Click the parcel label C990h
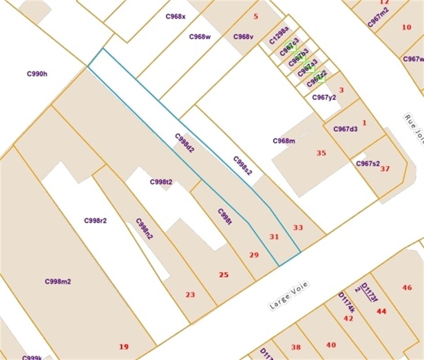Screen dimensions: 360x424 pyautogui.click(x=37, y=74)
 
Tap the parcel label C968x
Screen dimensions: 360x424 pyautogui.click(x=175, y=16)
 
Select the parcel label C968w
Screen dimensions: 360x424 pyautogui.click(x=200, y=37)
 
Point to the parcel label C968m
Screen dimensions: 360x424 pyautogui.click(x=284, y=141)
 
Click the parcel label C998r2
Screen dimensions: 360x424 pyautogui.click(x=95, y=220)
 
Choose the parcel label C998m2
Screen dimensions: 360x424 pyautogui.click(x=58, y=282)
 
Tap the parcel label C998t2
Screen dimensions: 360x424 pyautogui.click(x=161, y=182)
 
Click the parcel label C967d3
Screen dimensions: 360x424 pyautogui.click(x=345, y=129)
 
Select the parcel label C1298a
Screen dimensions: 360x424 pyautogui.click(x=279, y=36)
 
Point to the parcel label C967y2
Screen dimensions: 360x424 pyautogui.click(x=324, y=97)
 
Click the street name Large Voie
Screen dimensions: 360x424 pyautogui.click(x=288, y=297)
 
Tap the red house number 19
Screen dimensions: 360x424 pyautogui.click(x=124, y=346)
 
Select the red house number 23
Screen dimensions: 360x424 pyautogui.click(x=190, y=295)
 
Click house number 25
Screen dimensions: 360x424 pyautogui.click(x=223, y=274)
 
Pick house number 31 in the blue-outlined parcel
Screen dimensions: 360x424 pyautogui.click(x=274, y=236)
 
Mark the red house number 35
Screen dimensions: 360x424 pyautogui.click(x=321, y=153)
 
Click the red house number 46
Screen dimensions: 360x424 pyautogui.click(x=407, y=288)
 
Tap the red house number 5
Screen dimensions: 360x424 pyautogui.click(x=256, y=17)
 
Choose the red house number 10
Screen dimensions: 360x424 pyautogui.click(x=406, y=27)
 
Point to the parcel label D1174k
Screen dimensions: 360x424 pyautogui.click(x=347, y=303)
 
